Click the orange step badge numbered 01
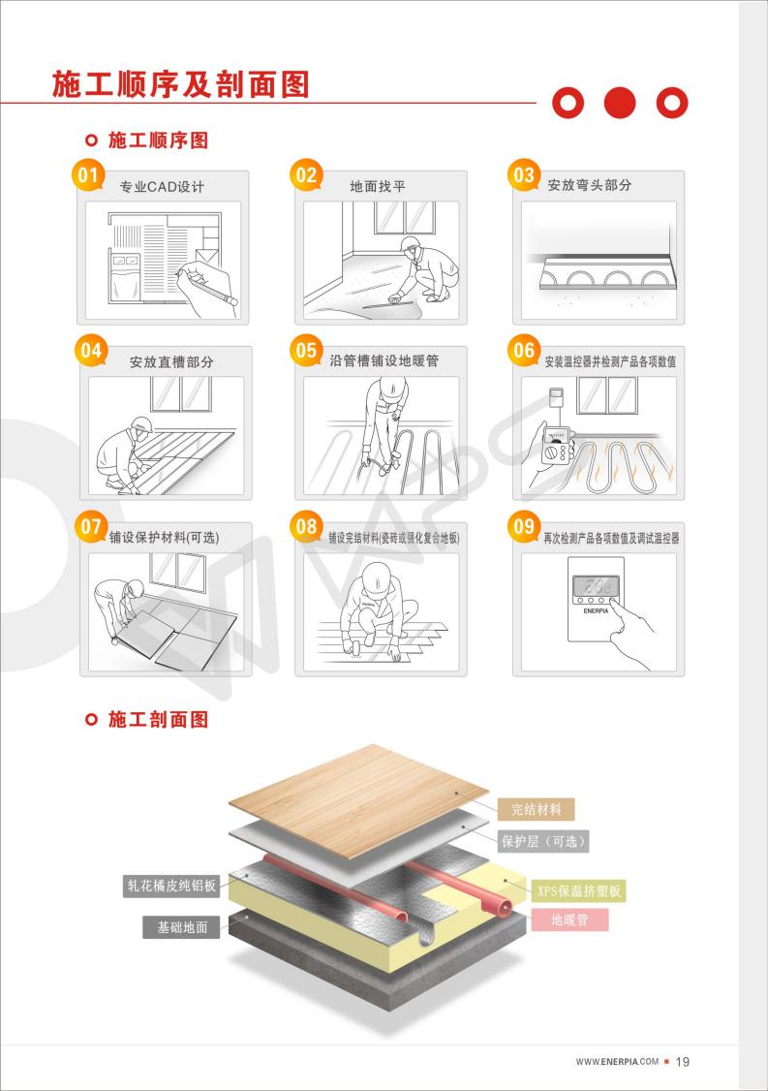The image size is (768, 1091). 88,175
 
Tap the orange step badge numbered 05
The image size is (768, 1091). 306,351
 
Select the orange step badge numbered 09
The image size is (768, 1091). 524,527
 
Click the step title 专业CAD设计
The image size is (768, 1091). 162,186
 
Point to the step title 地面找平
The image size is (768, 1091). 378,186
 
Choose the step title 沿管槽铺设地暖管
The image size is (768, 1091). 384,361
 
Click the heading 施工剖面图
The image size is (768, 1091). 158,720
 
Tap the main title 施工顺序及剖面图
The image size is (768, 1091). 180,85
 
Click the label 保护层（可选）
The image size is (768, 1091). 543,841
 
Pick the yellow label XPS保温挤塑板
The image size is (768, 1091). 579,890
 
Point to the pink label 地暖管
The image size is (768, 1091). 569,920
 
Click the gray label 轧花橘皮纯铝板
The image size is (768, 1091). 172,885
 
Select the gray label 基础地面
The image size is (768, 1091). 181,927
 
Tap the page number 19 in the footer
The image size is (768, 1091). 682,1062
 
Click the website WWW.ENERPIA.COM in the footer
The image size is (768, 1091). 617,1062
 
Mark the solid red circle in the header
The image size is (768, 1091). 620,102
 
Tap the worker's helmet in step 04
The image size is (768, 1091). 141,423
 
